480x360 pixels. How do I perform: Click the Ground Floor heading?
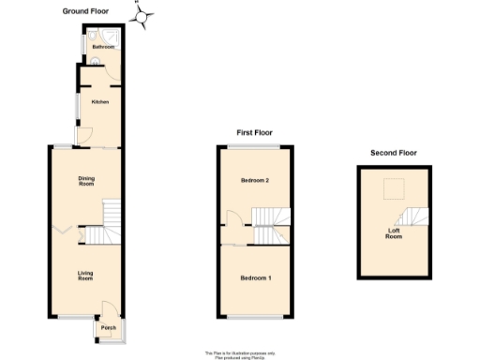click(x=85, y=11)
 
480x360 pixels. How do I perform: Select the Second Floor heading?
click(x=394, y=153)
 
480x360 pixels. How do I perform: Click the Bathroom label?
click(x=102, y=46)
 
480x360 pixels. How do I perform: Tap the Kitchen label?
click(x=99, y=101)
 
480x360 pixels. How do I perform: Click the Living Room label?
click(x=85, y=275)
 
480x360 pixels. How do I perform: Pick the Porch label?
click(x=109, y=328)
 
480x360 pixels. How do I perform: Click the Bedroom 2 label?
click(x=255, y=180)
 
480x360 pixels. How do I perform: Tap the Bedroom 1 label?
click(x=255, y=278)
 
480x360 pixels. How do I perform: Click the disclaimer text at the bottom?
click(x=239, y=354)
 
